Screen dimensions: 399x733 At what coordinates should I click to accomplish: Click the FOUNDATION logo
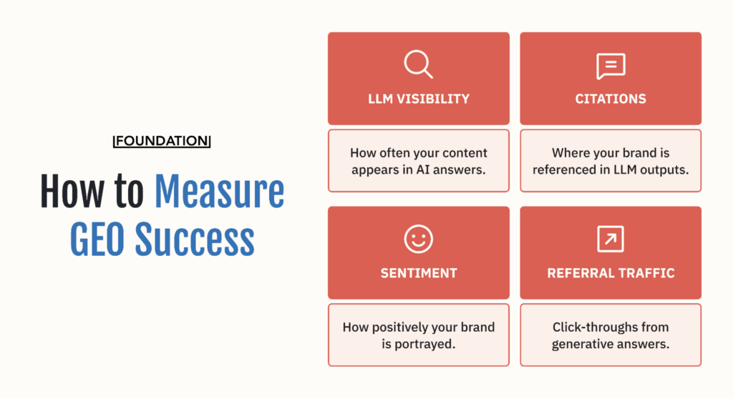(162, 141)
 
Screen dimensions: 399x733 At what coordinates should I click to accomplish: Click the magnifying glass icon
(418, 64)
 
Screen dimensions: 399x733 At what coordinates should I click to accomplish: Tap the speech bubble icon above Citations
(611, 66)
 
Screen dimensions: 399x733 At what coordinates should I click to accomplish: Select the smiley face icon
(418, 239)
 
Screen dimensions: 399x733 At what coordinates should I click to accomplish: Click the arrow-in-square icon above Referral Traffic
(611, 239)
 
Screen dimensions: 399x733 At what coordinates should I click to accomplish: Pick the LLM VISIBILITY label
(419, 99)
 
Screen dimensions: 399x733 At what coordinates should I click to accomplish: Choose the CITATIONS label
(611, 99)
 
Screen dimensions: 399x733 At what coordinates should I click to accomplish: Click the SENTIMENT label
(419, 273)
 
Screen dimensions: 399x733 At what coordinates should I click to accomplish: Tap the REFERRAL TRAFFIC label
(611, 273)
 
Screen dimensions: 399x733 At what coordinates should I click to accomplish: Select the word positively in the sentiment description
(404, 327)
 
